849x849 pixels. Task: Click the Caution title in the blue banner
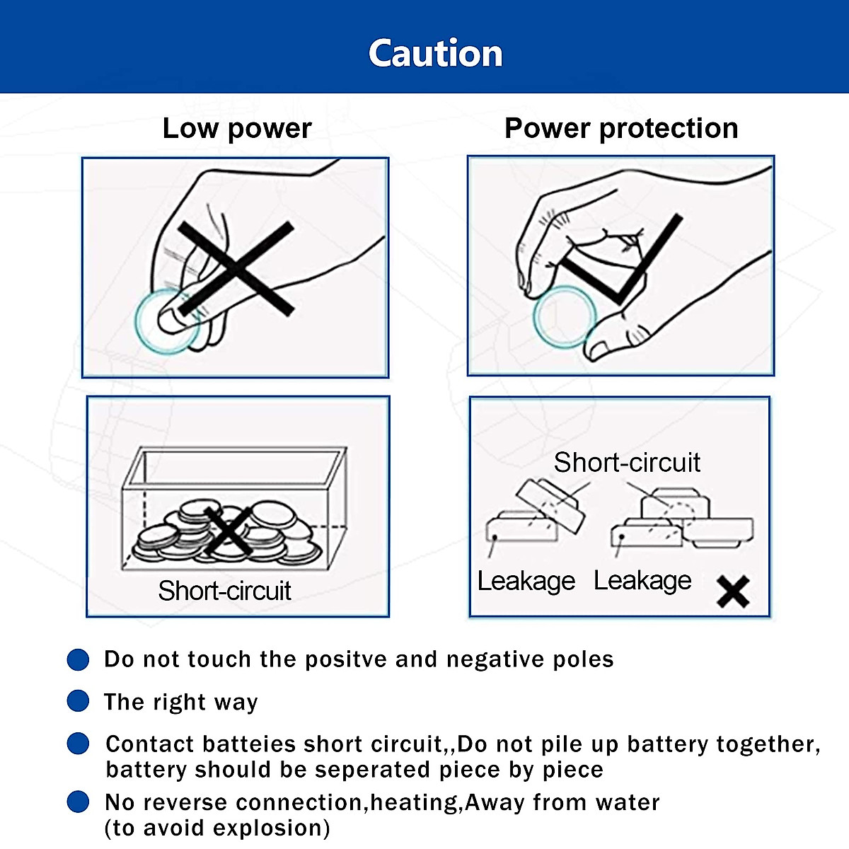pyautogui.click(x=435, y=53)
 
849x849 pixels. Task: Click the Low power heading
pyautogui.click(x=237, y=128)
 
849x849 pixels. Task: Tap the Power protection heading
pyautogui.click(x=621, y=128)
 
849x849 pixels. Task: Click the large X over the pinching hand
pyautogui.click(x=236, y=269)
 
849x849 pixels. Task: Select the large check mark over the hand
pyautogui.click(x=623, y=259)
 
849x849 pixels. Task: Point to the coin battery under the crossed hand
pyautogui.click(x=168, y=322)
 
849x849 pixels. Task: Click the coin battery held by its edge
pyautogui.click(x=565, y=317)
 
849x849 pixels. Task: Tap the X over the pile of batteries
pyautogui.click(x=227, y=531)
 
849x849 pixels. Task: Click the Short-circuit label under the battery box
pyautogui.click(x=225, y=590)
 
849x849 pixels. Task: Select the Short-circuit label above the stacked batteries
pyautogui.click(x=627, y=462)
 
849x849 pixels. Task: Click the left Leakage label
pyautogui.click(x=526, y=581)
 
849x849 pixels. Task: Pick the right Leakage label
pyautogui.click(x=642, y=581)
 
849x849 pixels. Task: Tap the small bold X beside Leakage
pyautogui.click(x=733, y=591)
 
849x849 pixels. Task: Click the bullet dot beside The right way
pyautogui.click(x=78, y=700)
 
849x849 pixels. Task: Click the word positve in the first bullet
pyautogui.click(x=346, y=660)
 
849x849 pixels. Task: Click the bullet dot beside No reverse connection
pyautogui.click(x=78, y=802)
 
